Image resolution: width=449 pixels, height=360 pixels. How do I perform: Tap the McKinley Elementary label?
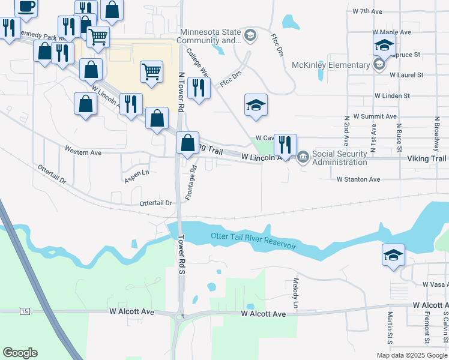[331, 65]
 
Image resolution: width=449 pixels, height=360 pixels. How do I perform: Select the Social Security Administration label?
[340, 158]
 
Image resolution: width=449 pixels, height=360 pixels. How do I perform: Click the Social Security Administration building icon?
[303, 158]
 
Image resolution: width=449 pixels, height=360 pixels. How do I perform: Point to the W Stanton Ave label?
[358, 179]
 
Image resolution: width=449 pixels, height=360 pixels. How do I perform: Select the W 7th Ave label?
[368, 11]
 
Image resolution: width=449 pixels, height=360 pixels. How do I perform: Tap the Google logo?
[20, 353]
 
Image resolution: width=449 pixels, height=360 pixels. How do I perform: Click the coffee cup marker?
[25, 7]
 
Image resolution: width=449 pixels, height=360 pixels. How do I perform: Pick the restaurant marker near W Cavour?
[285, 145]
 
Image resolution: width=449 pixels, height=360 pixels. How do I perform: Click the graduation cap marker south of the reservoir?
[394, 254]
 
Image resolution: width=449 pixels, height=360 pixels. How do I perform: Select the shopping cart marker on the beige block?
[151, 71]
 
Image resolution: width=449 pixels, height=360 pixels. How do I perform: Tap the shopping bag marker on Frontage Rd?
[187, 143]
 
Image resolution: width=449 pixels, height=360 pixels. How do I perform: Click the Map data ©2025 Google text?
[411, 355]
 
